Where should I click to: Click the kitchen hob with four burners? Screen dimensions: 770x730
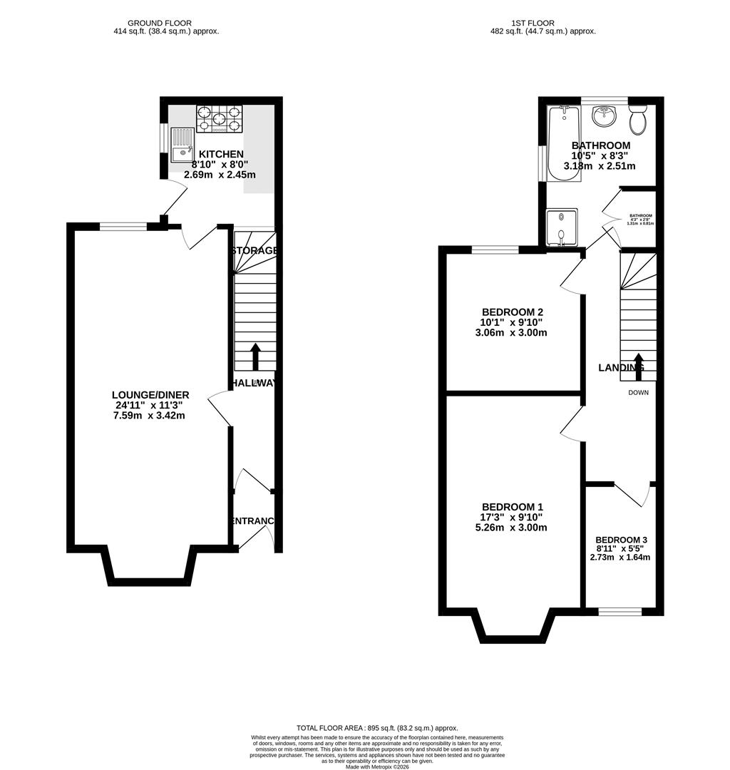(x=219, y=119)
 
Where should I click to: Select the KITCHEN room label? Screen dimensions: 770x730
(x=221, y=154)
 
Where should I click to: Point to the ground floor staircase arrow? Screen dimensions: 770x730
(x=255, y=356)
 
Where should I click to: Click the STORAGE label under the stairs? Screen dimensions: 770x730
(x=254, y=251)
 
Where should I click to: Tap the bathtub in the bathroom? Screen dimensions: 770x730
(x=562, y=143)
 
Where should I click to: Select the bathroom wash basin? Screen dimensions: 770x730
(x=605, y=115)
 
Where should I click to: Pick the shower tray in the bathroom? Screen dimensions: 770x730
(x=562, y=227)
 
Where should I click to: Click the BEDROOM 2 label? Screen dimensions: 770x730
(x=513, y=312)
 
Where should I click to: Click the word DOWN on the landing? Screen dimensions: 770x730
(x=638, y=392)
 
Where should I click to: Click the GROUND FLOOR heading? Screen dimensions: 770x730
(x=166, y=23)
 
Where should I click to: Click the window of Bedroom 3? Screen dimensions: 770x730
(x=619, y=611)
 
